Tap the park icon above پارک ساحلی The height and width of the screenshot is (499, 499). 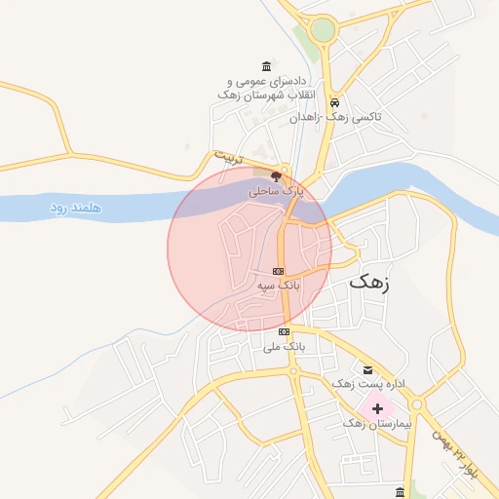[277, 176]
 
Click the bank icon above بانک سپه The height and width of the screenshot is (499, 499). [279, 271]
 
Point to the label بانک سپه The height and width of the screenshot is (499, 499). [279, 286]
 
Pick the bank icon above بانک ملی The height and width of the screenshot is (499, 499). [284, 332]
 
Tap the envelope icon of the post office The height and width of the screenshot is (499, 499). [367, 368]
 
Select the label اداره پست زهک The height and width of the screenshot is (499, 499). [354, 384]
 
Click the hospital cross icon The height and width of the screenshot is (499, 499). [377, 407]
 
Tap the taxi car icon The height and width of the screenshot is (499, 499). [334, 102]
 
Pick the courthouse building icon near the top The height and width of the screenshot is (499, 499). [267, 65]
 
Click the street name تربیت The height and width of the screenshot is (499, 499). [226, 156]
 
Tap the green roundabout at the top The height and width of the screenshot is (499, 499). [323, 31]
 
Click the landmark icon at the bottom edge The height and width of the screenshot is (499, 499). [400, 490]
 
